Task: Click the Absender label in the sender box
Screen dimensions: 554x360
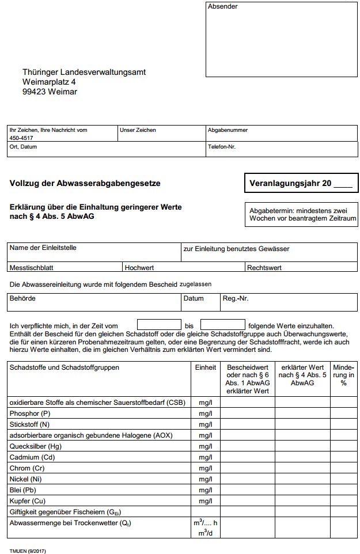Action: tap(222, 7)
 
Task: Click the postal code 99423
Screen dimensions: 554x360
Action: tap(35, 92)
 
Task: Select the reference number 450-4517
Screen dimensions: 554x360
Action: tap(21, 138)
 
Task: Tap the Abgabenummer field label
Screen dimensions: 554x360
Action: tap(228, 130)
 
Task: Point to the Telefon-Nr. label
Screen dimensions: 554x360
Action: tap(222, 147)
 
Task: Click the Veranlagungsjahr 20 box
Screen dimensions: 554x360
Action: tap(301, 184)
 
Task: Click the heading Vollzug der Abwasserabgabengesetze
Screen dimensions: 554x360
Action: tap(85, 184)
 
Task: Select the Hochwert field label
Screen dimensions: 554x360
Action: tap(139, 268)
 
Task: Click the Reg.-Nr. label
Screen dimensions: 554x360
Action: tap(236, 299)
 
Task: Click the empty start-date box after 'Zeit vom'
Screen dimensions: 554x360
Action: tap(159, 325)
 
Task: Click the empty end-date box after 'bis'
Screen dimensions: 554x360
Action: tap(222, 325)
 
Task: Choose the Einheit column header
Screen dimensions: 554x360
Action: tap(206, 367)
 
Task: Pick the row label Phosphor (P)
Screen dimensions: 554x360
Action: tap(31, 413)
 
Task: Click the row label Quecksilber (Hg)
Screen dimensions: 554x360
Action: tap(36, 446)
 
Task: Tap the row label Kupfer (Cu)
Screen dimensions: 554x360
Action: tap(28, 500)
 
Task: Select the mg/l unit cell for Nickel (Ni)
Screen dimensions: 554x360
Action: tap(206, 479)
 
